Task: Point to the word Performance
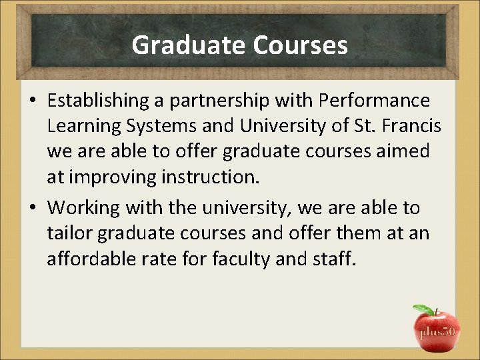375,101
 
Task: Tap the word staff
335,259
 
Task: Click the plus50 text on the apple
437,331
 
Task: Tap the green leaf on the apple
423,309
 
